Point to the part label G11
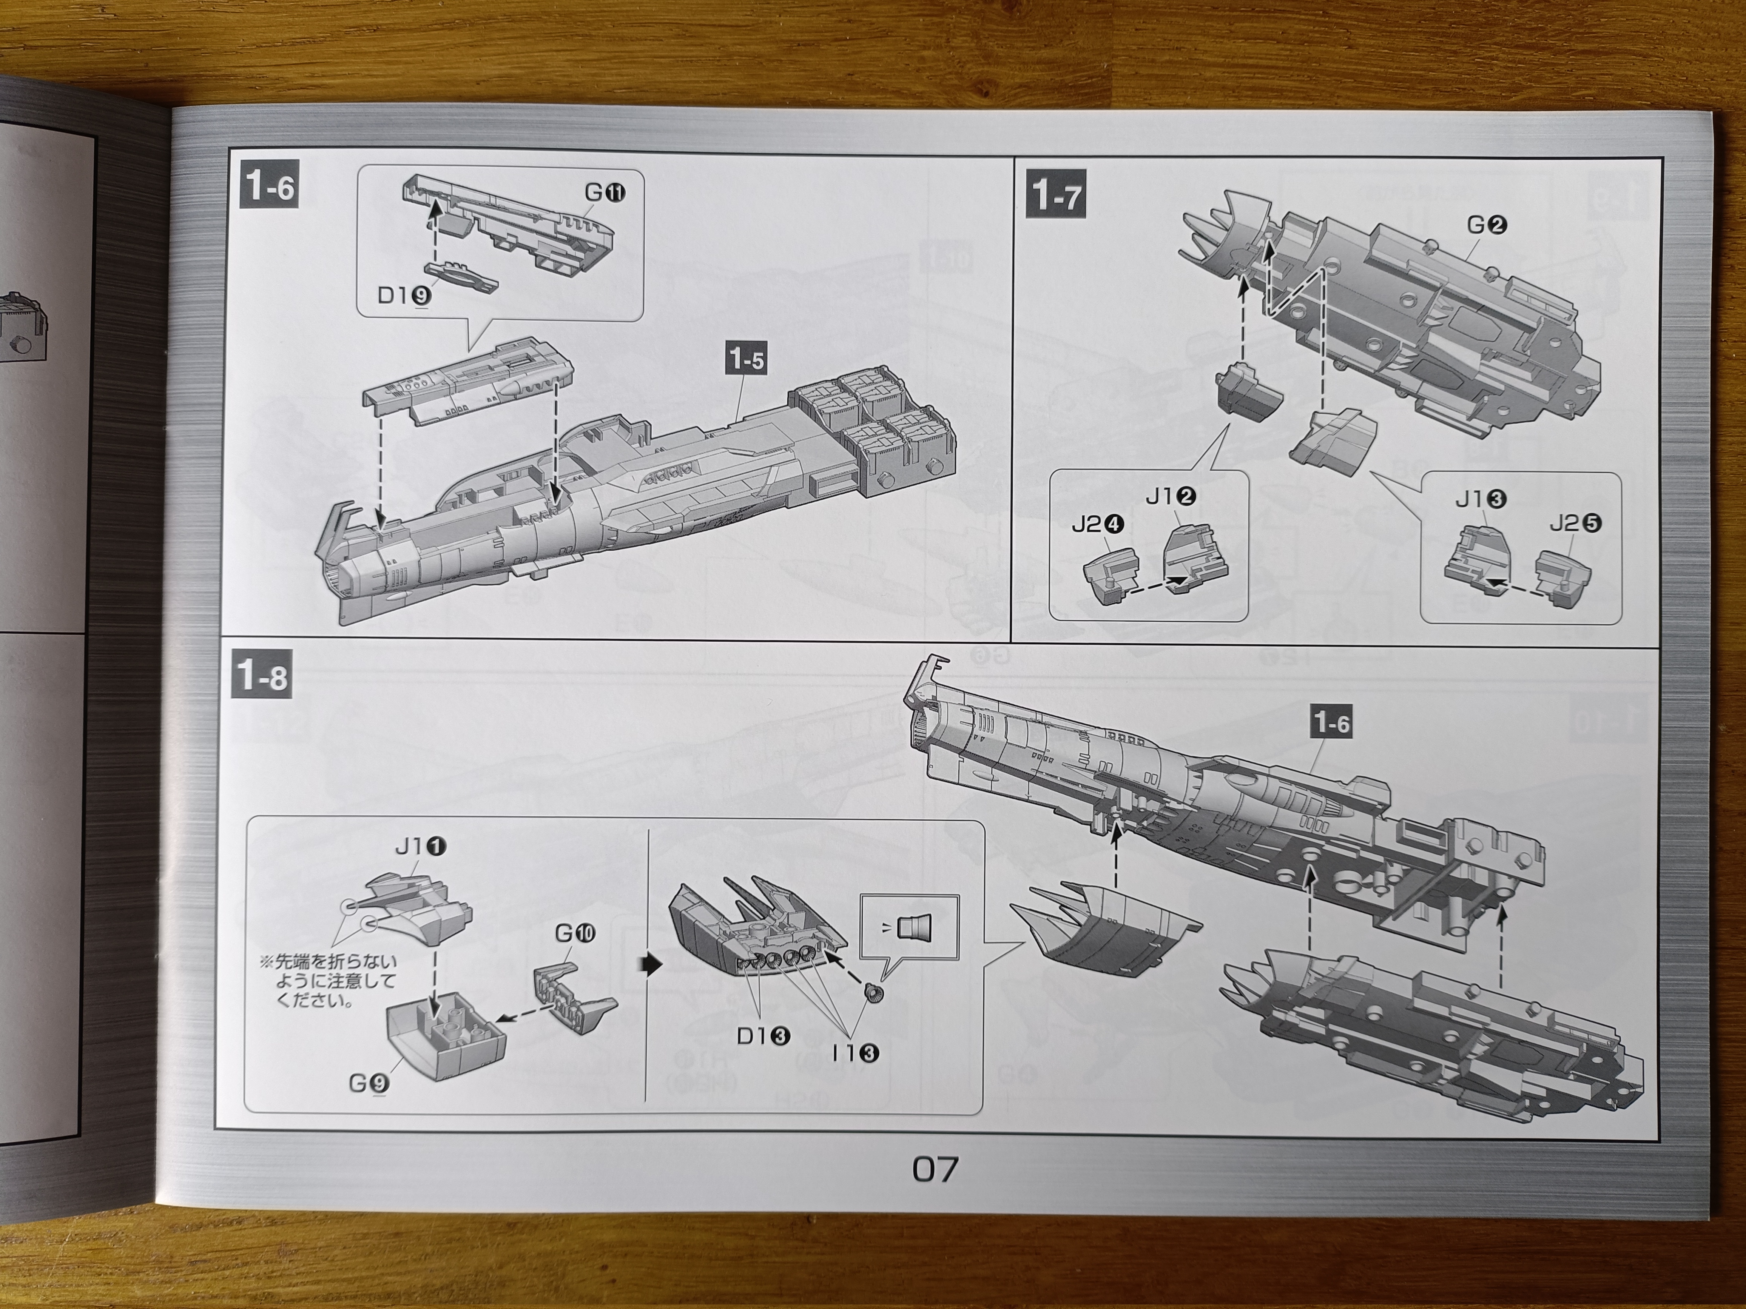point(605,192)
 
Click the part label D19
point(403,295)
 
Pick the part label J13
point(1481,499)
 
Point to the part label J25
point(1575,523)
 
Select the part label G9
point(369,1083)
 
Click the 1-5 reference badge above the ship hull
point(746,360)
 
